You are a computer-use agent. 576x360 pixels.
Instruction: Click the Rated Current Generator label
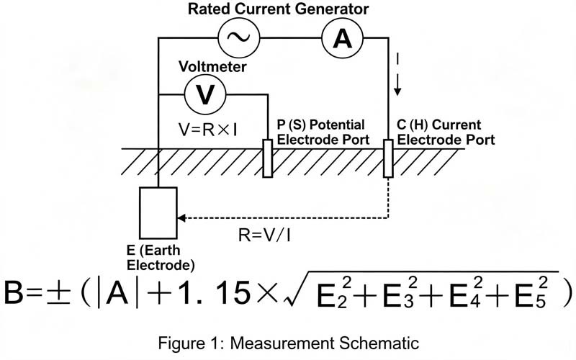[278, 9]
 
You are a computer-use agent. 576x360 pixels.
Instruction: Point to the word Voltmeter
[212, 66]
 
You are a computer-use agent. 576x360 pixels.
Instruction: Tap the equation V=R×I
[207, 130]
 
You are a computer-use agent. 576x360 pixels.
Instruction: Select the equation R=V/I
[264, 235]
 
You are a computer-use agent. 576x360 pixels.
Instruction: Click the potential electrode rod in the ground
[268, 158]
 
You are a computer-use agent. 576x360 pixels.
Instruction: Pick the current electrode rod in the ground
[388, 158]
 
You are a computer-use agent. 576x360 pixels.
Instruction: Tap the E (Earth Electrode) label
[161, 258]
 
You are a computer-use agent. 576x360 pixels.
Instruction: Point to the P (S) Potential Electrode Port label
[323, 132]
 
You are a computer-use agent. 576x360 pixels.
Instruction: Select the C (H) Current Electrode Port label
[446, 132]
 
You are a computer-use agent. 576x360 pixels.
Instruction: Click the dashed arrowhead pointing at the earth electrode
[181, 218]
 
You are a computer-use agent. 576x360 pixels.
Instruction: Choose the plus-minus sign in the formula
[58, 294]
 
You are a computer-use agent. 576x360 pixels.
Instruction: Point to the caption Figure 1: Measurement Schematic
[289, 343]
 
